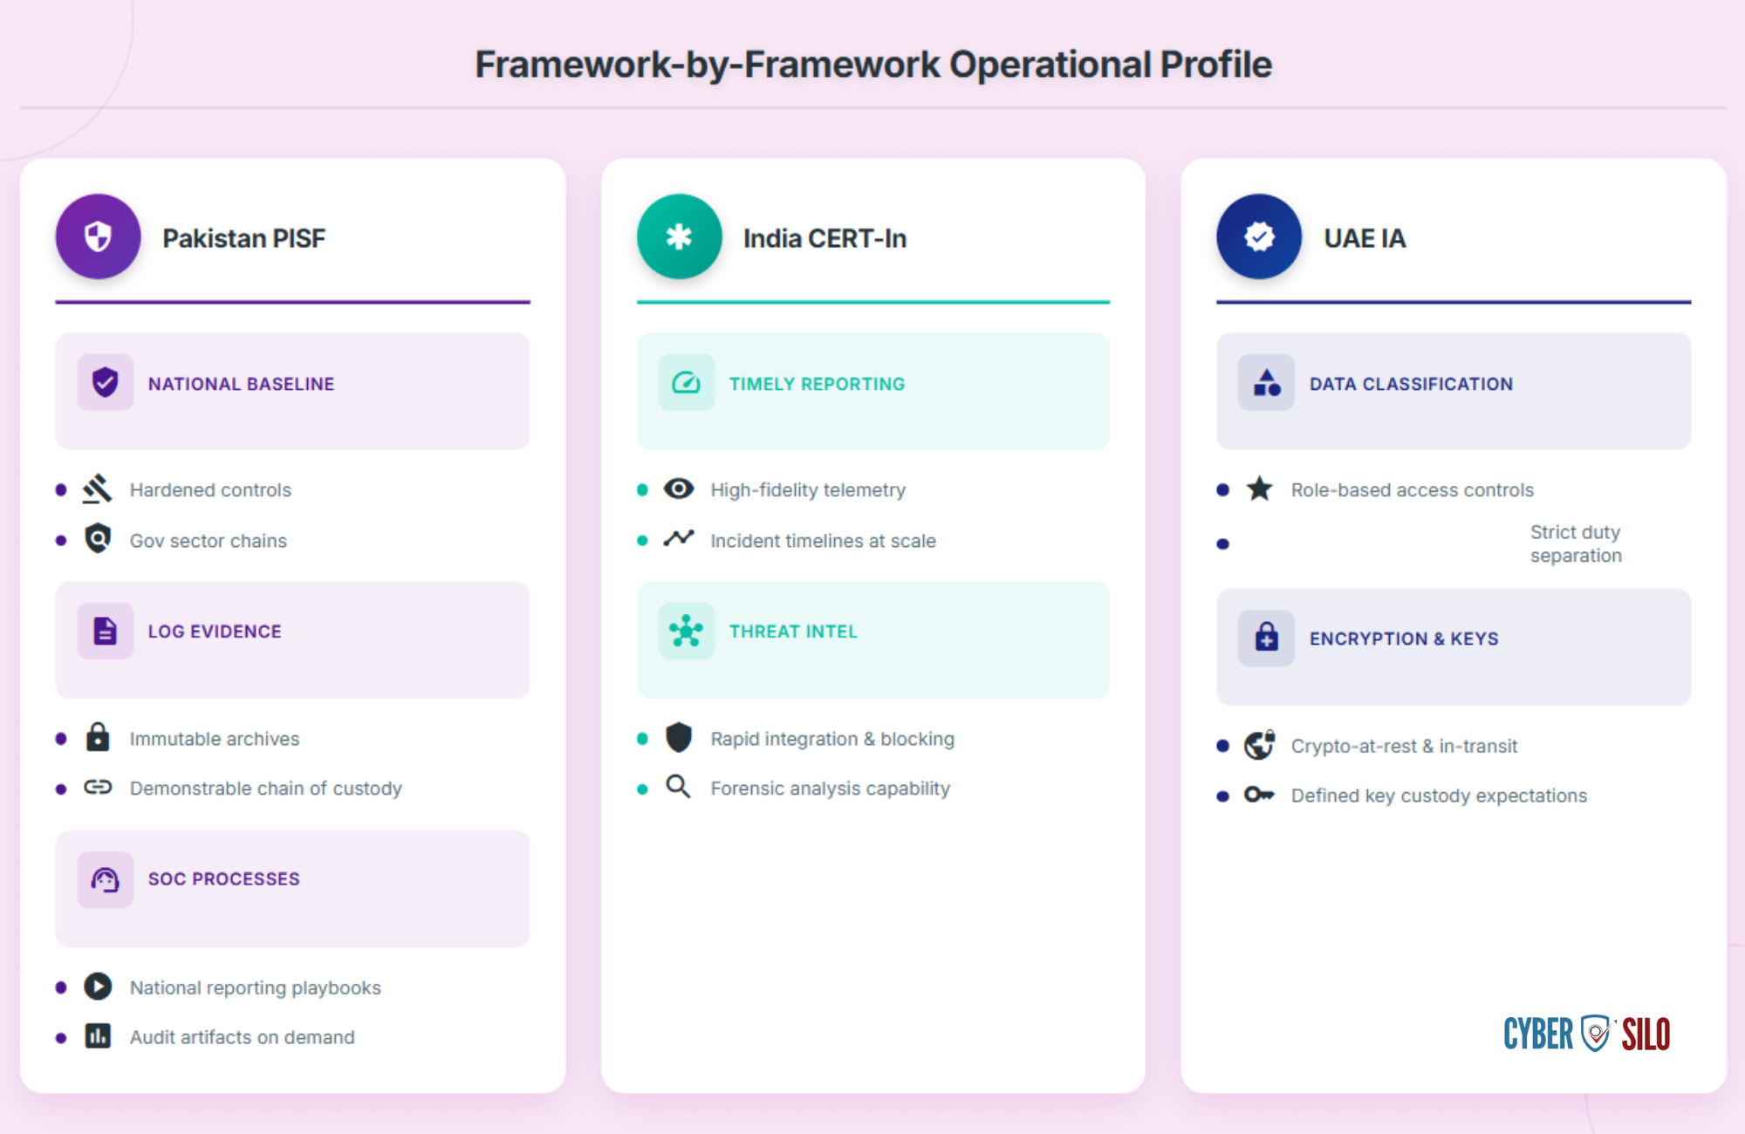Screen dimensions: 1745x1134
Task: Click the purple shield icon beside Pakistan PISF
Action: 99,236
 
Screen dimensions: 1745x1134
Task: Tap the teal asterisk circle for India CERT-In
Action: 679,236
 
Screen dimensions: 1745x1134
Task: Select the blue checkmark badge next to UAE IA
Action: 1259,236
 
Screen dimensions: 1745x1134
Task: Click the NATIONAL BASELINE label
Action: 241,384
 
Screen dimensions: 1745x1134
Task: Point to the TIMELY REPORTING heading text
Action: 817,384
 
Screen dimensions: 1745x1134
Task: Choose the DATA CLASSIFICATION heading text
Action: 1411,384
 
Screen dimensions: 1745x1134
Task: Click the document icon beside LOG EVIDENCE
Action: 105,631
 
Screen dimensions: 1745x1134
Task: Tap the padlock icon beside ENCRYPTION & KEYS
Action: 1266,638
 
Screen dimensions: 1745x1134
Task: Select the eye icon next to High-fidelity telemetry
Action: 679,488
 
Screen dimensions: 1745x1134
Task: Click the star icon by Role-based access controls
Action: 1259,488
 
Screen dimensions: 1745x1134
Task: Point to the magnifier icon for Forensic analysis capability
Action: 678,787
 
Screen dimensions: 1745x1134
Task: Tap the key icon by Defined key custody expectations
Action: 1259,795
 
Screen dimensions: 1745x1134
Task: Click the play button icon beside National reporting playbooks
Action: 98,987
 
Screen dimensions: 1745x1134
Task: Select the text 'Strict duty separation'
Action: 1576,543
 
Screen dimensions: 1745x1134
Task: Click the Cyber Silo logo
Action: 1586,1034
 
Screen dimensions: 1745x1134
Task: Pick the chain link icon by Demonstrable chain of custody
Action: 98,788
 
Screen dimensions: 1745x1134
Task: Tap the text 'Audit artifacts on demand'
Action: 243,1037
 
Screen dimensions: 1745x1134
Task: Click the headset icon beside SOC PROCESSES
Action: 105,879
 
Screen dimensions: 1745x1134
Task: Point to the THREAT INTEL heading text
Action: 793,632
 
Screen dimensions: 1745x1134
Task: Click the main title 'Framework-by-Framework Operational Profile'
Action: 873,65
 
